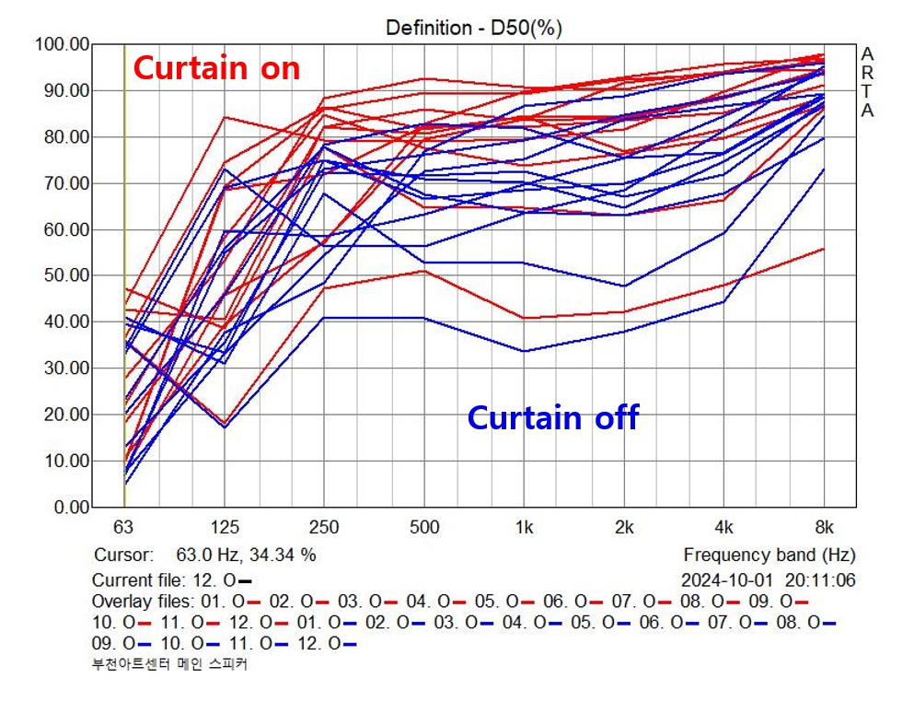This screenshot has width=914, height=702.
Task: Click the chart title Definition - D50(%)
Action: point(473,28)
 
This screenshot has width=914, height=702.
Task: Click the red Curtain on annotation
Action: point(217,68)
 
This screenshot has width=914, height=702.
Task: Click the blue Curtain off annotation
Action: point(552,417)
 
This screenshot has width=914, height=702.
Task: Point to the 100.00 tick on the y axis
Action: point(62,44)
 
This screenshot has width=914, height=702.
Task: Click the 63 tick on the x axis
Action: point(123,528)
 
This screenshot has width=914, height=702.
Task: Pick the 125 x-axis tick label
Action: point(226,528)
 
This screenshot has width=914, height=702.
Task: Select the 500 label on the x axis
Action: point(424,528)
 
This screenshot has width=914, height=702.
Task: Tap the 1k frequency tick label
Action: point(525,528)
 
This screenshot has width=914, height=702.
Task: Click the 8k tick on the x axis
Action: point(825,528)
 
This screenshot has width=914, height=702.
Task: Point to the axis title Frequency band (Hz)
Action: point(769,556)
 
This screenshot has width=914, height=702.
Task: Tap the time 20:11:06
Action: point(821,580)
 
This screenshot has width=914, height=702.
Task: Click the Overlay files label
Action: point(144,602)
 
